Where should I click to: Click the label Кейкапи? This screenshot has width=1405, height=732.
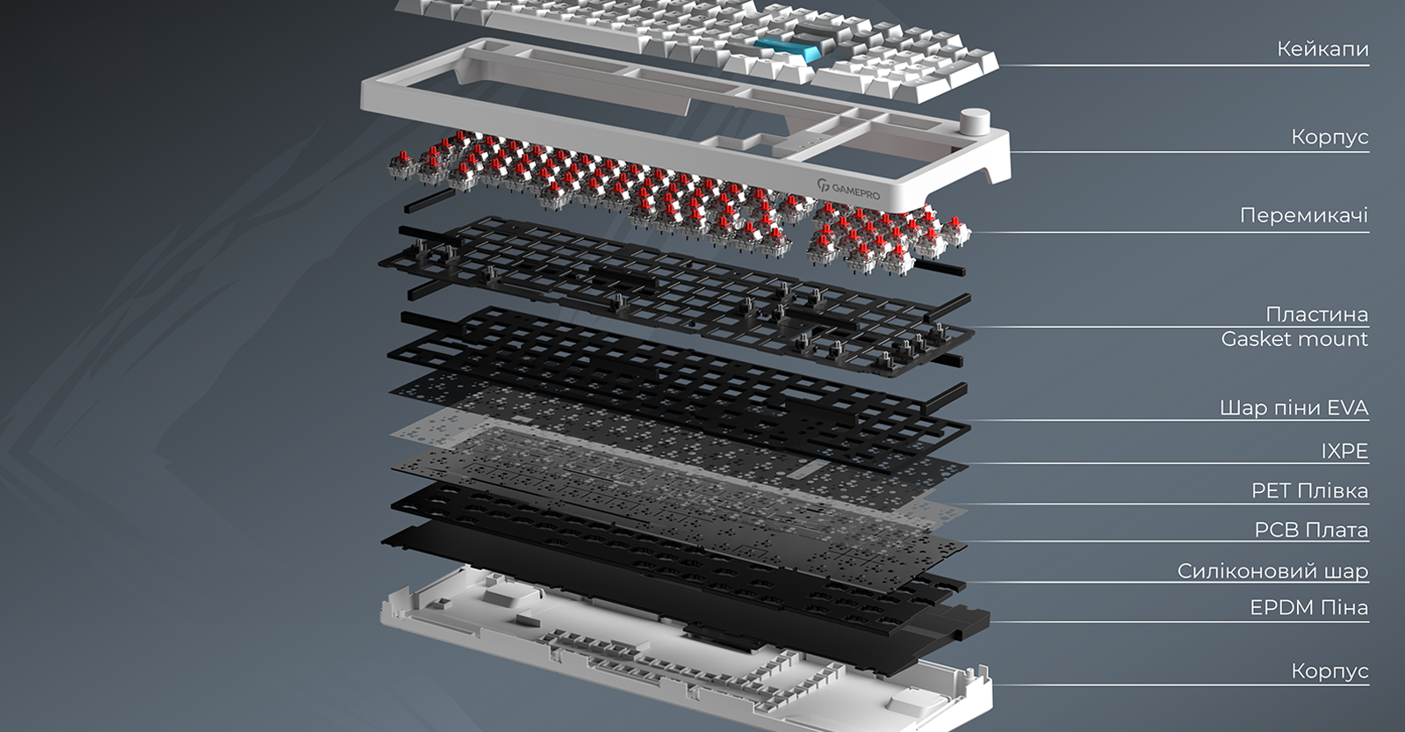1322,49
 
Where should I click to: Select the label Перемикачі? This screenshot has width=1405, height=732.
1304,215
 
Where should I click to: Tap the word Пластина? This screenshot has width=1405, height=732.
1316,314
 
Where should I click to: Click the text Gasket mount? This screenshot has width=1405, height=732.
1294,339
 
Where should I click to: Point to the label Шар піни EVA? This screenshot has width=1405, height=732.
1294,408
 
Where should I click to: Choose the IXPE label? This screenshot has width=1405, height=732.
1344,451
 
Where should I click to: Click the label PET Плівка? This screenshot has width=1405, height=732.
1309,490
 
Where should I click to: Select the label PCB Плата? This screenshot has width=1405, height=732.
1311,530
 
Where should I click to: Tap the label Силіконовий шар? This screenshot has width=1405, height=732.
1272,570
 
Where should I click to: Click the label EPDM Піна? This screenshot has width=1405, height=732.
1309,608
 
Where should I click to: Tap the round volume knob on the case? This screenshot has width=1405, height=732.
976,120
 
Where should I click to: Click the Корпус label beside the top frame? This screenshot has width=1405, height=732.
1329,136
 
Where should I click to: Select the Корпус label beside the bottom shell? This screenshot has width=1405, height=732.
1329,671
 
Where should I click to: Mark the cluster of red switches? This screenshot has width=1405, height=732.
677,201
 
